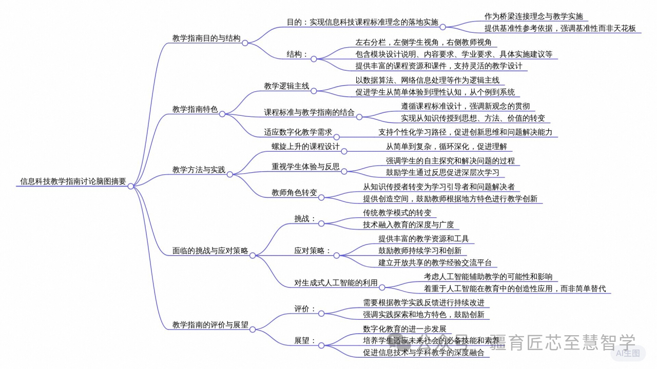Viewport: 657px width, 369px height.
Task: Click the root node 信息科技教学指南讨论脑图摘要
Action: [73, 181]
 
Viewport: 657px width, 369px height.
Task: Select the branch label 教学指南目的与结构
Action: [206, 38]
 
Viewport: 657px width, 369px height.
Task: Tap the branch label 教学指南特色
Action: [195, 109]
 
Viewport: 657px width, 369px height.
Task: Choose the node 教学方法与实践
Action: [198, 170]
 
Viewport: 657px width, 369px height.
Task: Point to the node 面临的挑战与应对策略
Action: [210, 251]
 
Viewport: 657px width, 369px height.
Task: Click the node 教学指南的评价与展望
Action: [210, 324]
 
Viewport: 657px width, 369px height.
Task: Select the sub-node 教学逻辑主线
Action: [286, 86]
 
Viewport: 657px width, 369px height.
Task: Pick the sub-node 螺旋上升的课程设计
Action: [305, 147]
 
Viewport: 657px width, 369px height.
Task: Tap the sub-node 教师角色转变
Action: [294, 193]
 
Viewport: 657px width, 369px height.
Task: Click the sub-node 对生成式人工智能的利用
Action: [336, 282]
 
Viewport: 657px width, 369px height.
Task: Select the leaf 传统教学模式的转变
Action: [397, 213]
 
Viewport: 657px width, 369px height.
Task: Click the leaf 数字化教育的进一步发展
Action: [404, 329]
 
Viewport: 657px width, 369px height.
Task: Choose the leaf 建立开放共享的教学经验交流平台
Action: [435, 263]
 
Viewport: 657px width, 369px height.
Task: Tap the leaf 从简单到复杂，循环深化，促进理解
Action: [446, 147]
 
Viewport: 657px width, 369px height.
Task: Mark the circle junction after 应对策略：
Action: [337, 255]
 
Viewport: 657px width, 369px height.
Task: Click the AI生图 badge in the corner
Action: [628, 353]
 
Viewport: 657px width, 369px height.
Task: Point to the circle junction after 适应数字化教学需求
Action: [337, 136]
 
